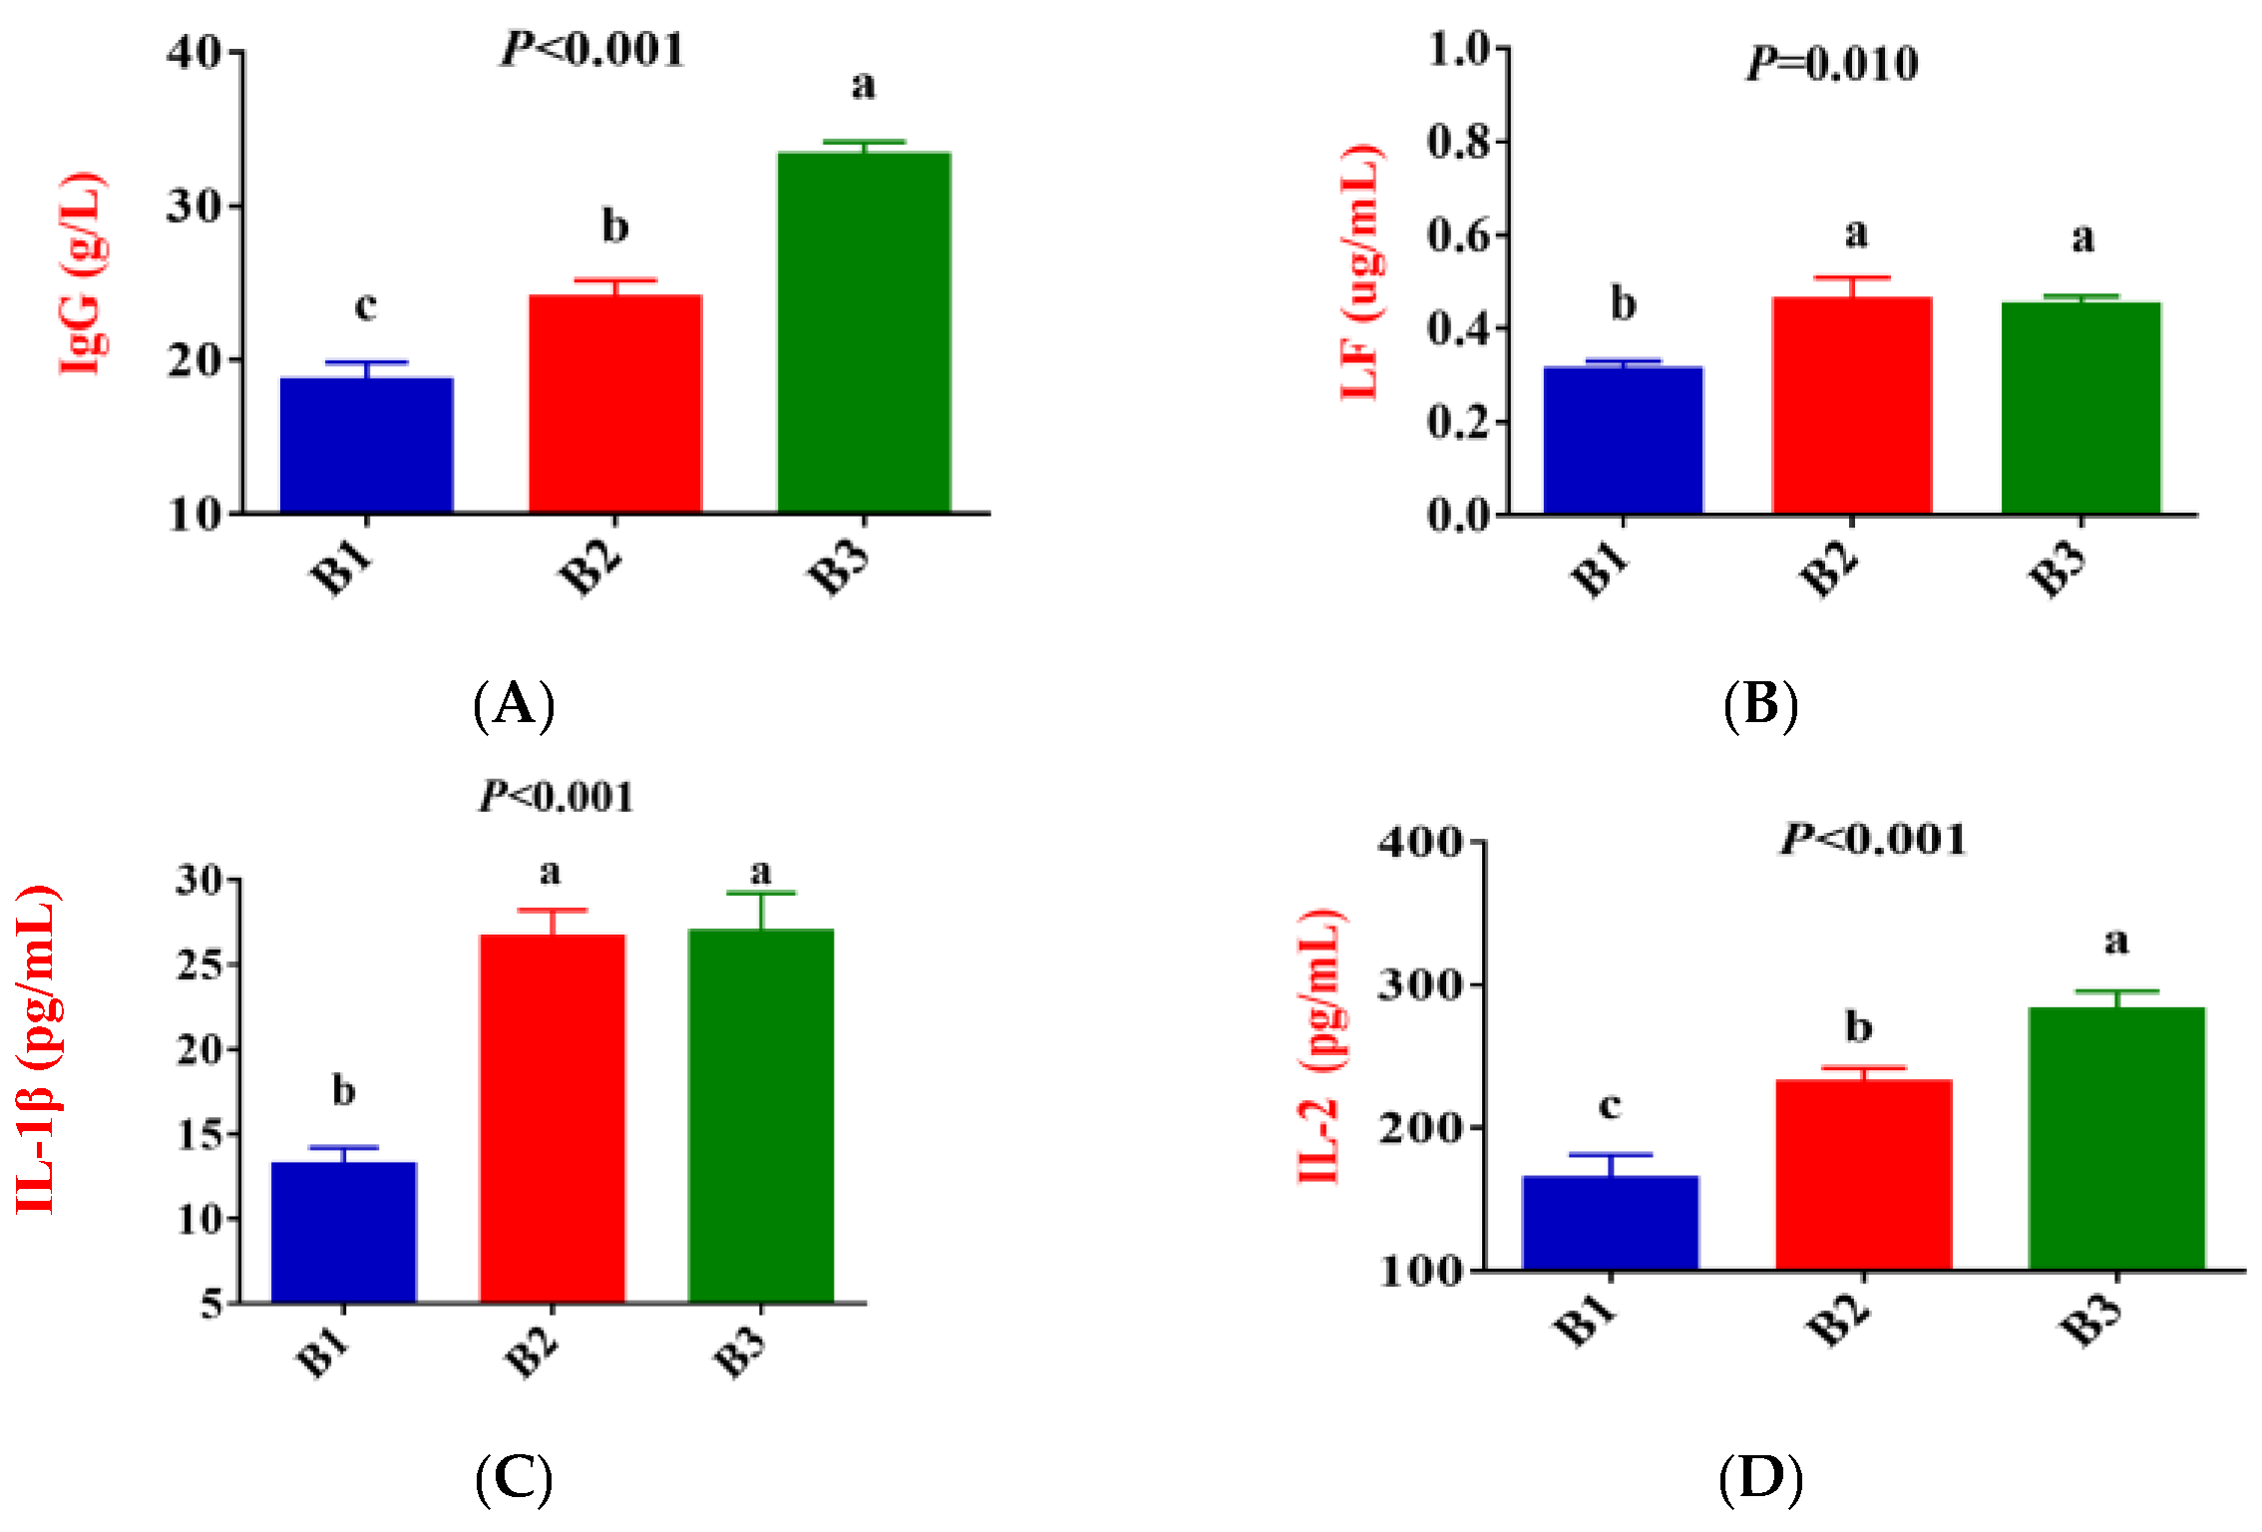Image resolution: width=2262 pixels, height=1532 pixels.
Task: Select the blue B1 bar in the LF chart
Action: [1623, 440]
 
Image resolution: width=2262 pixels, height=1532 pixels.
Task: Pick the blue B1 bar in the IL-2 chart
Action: [1610, 1223]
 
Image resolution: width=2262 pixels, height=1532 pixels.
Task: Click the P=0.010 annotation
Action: [1832, 65]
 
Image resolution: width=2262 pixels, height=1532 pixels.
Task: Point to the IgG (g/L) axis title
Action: [82, 274]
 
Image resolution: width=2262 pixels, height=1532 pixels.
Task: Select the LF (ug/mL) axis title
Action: [1360, 271]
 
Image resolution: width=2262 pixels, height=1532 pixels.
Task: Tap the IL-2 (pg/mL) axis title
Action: [1321, 1045]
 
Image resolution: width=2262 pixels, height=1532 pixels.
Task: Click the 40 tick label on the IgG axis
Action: [192, 52]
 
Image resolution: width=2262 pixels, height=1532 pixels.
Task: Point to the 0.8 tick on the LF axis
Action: [1457, 143]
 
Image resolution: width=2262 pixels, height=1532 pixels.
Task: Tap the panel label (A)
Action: [514, 705]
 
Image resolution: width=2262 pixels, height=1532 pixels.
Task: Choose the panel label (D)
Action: [1760, 1479]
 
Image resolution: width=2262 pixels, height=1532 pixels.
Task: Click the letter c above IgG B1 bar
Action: [366, 306]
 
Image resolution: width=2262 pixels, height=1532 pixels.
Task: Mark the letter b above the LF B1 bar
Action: [1624, 304]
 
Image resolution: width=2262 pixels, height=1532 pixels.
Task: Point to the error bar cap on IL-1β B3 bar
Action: [761, 894]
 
